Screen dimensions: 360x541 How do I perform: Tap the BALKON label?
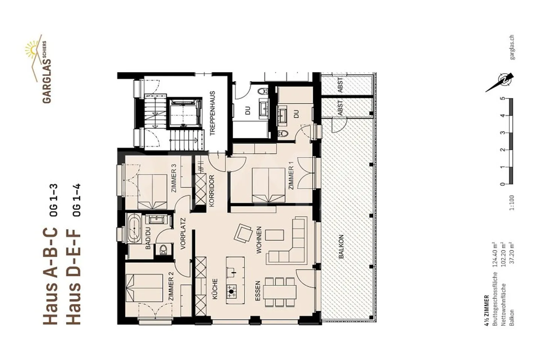point(341,247)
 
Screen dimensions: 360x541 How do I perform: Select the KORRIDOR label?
point(212,191)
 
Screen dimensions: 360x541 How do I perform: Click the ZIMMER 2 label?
point(171,286)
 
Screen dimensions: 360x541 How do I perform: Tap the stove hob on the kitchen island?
point(231,290)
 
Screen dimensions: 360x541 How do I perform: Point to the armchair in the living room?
point(243,233)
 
